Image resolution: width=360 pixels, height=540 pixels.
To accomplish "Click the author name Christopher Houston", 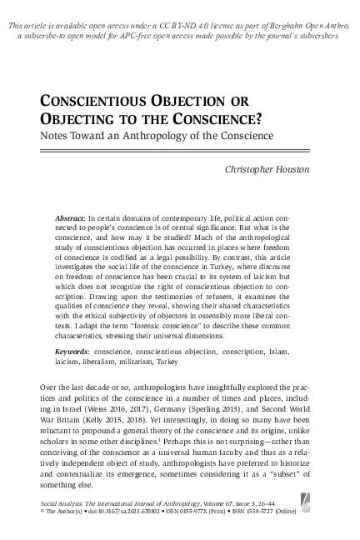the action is (x=268, y=169).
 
